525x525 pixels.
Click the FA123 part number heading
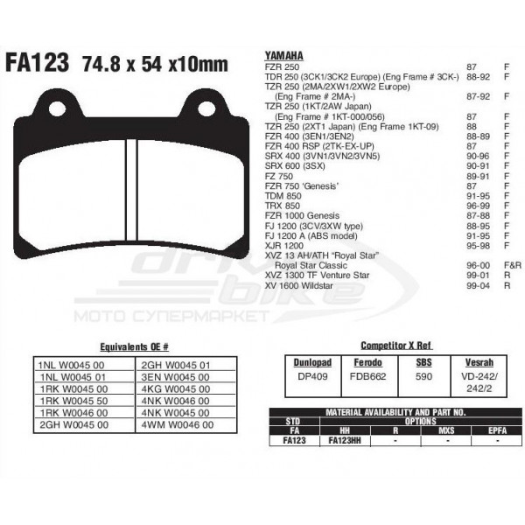(38, 63)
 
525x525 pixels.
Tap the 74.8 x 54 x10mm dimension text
(154, 64)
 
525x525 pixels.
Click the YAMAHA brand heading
(281, 56)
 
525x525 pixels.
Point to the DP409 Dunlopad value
(312, 375)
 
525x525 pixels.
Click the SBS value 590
(423, 375)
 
